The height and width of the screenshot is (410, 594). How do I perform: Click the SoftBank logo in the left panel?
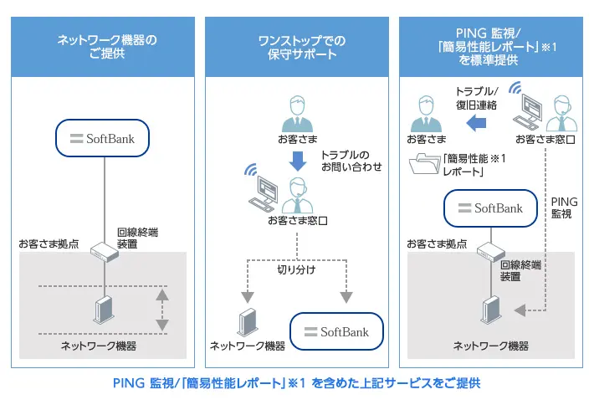[103, 137]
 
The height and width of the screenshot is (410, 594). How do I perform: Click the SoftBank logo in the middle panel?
[335, 331]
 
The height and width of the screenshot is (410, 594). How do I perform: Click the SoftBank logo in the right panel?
[489, 208]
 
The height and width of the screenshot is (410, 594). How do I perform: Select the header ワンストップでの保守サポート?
[297, 47]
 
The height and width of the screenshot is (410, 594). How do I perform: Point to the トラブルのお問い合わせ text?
[351, 161]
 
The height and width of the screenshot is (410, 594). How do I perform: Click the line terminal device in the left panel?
[104, 250]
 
